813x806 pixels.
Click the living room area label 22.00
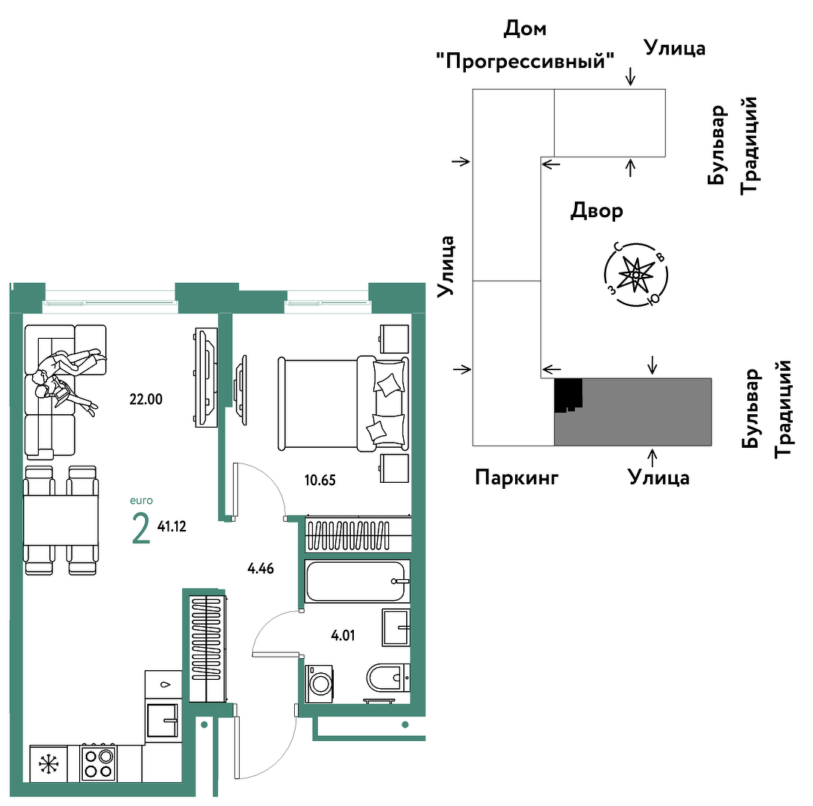point(146,399)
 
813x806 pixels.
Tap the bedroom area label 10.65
point(320,480)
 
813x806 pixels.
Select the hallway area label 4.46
point(261,569)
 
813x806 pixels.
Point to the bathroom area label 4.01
point(343,635)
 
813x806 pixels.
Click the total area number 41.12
point(172,527)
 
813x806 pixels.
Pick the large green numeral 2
point(141,528)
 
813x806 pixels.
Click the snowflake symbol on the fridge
point(49,763)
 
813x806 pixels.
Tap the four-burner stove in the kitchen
point(98,763)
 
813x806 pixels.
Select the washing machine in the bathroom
point(320,684)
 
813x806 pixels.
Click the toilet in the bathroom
point(387,678)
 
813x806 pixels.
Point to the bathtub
point(357,581)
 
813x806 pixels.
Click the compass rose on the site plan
point(635,274)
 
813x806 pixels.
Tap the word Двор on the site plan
point(596,211)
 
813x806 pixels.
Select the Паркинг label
point(517,477)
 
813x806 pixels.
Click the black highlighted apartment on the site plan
point(567,395)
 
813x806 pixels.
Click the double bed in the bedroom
point(343,403)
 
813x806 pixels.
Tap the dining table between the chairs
point(60,520)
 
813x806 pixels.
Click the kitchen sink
point(163,720)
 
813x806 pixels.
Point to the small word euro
point(141,501)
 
